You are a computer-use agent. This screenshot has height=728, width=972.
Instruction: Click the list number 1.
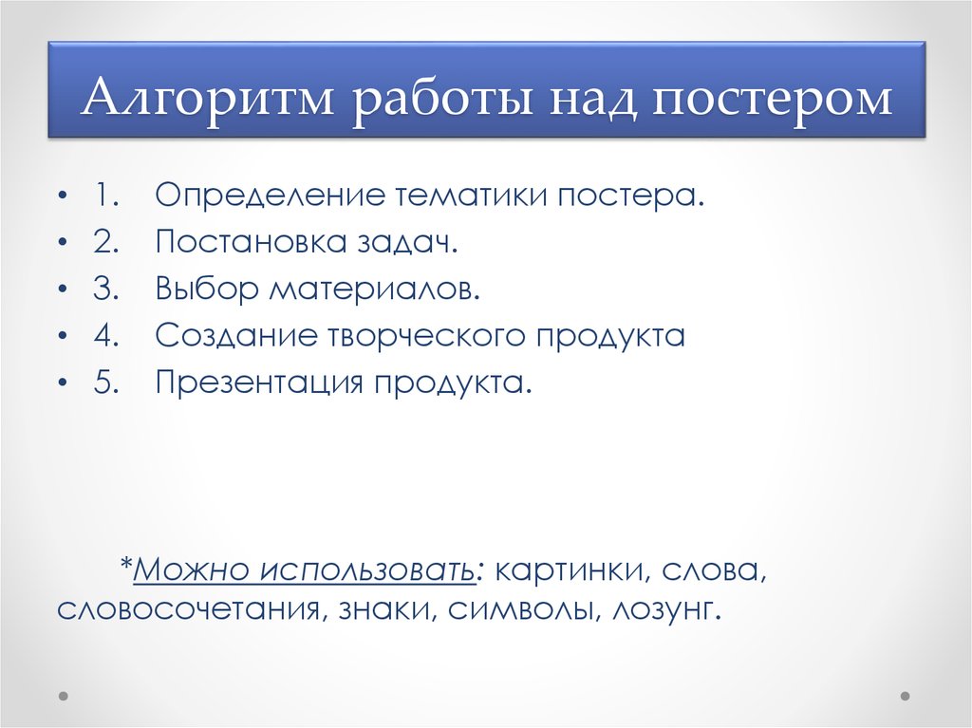tap(105, 197)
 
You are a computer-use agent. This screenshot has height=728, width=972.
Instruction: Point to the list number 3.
tap(105, 290)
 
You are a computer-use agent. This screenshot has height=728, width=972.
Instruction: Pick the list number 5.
tap(105, 383)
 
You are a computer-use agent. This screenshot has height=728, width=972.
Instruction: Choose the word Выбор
tap(207, 290)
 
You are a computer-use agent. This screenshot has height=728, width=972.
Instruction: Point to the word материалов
tap(375, 290)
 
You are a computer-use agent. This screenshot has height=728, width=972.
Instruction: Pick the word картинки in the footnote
tap(572, 571)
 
